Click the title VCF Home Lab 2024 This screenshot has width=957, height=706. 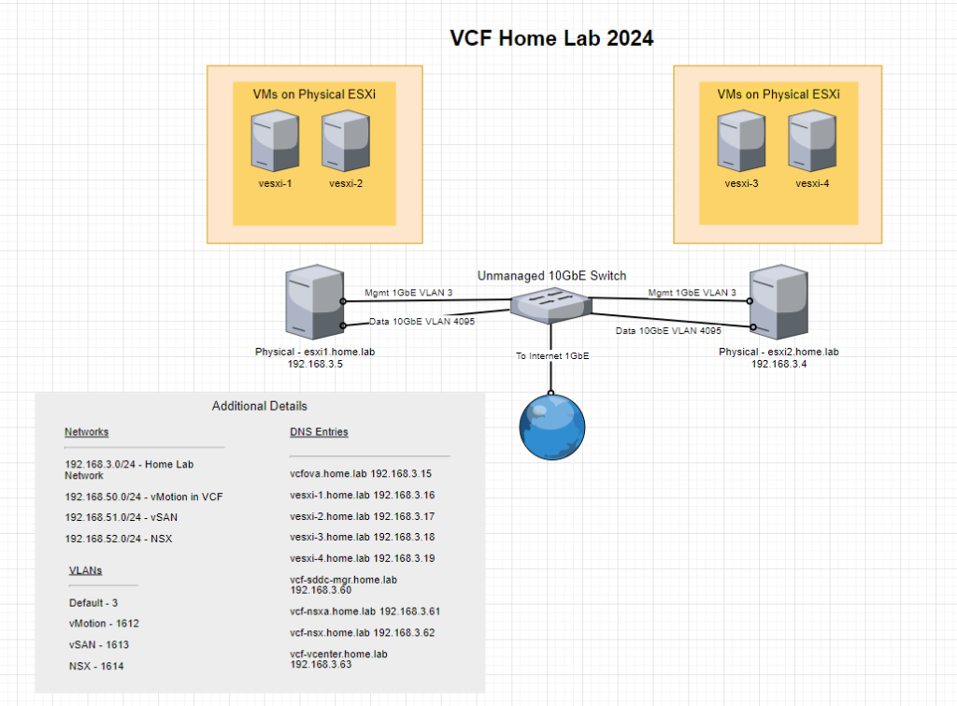[x=551, y=38]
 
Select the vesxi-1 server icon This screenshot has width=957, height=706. [x=275, y=141]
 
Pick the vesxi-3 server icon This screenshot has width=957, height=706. [x=741, y=141]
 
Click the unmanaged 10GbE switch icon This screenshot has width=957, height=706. [x=550, y=303]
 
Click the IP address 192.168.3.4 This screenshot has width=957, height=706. [x=778, y=364]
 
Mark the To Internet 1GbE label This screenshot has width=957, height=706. [x=553, y=355]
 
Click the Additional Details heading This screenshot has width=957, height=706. [x=260, y=406]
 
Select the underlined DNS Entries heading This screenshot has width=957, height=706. [x=319, y=432]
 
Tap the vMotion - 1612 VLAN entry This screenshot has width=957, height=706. [x=104, y=623]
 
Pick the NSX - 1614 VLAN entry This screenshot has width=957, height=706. [x=96, y=666]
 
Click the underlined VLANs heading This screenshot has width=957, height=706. [x=86, y=569]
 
